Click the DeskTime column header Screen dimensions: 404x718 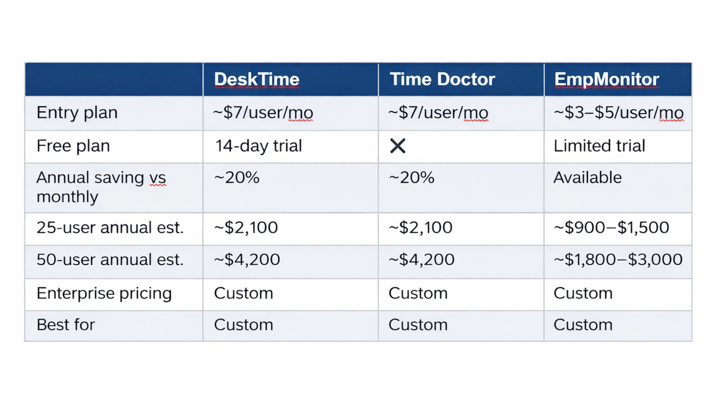point(257,79)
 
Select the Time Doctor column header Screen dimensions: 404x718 point(442,79)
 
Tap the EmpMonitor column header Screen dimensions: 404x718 point(607,79)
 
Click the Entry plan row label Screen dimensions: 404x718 point(77,113)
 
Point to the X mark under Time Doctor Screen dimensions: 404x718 point(398,146)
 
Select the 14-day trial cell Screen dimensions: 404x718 point(258,146)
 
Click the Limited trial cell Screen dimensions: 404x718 point(599,146)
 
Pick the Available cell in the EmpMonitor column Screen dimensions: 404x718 point(587,178)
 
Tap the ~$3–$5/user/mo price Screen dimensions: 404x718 point(618,113)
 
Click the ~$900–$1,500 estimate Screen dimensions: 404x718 point(611,228)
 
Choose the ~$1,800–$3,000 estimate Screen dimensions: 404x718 point(618,259)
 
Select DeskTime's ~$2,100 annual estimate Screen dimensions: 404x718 point(246,228)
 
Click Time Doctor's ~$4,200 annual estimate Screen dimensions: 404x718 point(421,259)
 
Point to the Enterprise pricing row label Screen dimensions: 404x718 point(104,293)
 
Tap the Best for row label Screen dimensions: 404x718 point(66,325)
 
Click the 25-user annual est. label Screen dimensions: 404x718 point(110,228)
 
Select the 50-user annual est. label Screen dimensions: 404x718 point(110,259)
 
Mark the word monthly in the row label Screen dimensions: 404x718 point(67,197)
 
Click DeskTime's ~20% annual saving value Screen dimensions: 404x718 point(237,178)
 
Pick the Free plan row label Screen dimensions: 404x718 point(73,146)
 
